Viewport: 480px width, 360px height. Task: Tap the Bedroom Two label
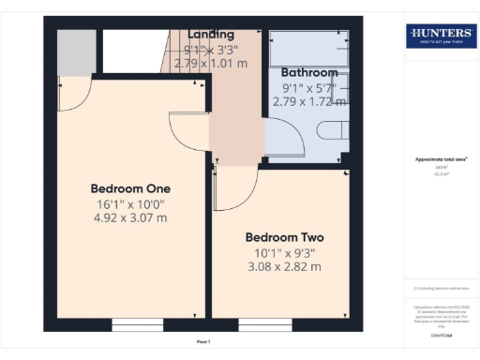click(x=283, y=237)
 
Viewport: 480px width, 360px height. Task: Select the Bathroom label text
click(x=308, y=72)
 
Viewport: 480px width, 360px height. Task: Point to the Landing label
click(x=211, y=35)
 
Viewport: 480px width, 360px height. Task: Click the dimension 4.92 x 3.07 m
click(x=129, y=217)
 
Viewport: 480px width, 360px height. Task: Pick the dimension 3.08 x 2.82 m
click(x=283, y=266)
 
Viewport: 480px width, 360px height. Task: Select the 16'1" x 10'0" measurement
click(x=129, y=202)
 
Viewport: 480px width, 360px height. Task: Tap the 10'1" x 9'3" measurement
click(x=283, y=252)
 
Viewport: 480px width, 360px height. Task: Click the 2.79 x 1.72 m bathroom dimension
click(x=308, y=100)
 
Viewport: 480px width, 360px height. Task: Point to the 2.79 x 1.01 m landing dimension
click(x=211, y=63)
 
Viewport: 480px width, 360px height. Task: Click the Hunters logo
click(x=440, y=37)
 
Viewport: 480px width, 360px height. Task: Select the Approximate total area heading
click(x=440, y=159)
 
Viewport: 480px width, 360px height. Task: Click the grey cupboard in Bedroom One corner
click(x=76, y=52)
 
